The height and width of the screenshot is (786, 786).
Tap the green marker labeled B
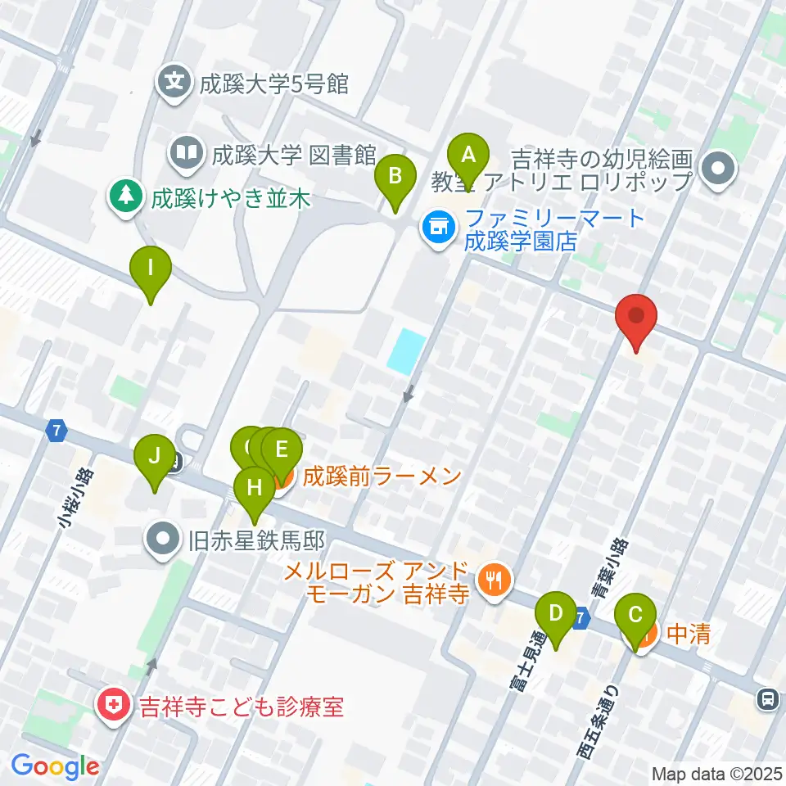[x=395, y=177]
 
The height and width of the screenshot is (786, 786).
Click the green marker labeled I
[x=151, y=269]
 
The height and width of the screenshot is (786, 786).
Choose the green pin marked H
[x=254, y=490]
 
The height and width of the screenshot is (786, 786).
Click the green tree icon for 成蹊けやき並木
[x=124, y=197]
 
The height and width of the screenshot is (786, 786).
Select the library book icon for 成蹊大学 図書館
[x=187, y=152]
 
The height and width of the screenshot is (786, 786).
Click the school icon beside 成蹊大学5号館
[x=175, y=82]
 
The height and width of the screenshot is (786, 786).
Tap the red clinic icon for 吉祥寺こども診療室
[x=111, y=705]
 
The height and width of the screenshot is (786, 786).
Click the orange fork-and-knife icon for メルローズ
[x=494, y=580]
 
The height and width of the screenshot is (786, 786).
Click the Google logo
[x=55, y=766]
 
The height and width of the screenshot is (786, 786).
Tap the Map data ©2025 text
[x=716, y=773]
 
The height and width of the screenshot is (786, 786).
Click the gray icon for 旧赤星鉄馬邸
[x=162, y=540]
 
